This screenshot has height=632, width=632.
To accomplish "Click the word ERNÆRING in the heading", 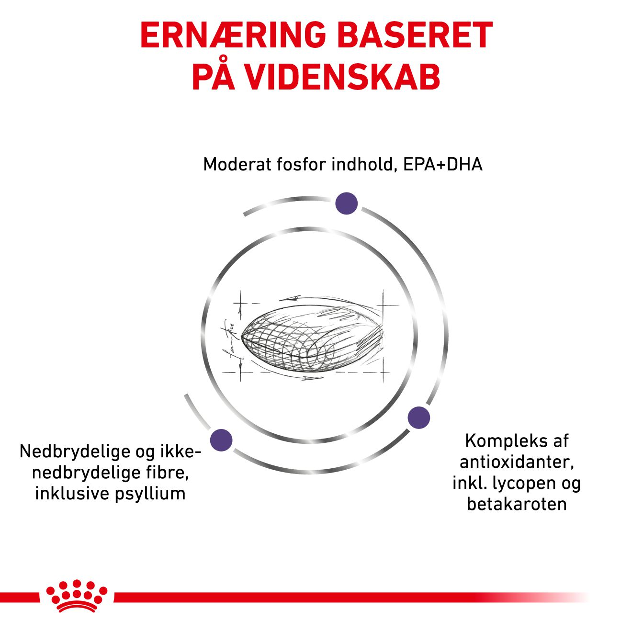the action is click(233, 35).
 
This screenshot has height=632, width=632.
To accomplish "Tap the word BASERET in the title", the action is click(415, 35).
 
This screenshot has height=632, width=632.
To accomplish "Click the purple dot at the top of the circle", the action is click(346, 203).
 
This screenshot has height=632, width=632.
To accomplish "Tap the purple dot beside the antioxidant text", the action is click(418, 418).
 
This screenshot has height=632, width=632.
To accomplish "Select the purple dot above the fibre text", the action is click(221, 440).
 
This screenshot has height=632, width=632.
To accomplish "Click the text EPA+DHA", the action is click(442, 164).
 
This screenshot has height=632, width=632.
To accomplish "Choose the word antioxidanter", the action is click(517, 462).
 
